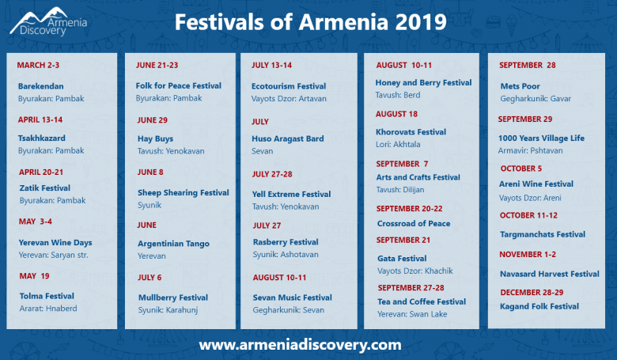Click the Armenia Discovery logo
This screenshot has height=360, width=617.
(x=48, y=21)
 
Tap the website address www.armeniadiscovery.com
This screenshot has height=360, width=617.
(x=300, y=345)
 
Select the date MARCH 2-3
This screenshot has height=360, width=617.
(x=38, y=66)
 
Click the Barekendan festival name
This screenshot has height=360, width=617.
(x=40, y=86)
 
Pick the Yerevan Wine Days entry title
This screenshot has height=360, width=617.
(x=55, y=243)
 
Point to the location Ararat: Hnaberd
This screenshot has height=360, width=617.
(x=48, y=309)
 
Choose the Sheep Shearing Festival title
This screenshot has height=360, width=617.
(x=183, y=193)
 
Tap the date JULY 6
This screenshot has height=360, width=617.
(x=150, y=278)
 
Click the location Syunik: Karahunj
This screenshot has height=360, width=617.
(x=168, y=310)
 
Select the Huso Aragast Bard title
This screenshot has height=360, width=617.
(x=288, y=139)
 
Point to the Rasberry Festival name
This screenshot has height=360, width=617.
(x=286, y=242)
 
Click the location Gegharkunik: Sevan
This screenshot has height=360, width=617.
(x=289, y=310)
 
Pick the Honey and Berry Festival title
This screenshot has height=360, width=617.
(x=423, y=83)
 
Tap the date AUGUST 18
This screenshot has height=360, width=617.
(x=396, y=114)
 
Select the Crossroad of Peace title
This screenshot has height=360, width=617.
(x=414, y=223)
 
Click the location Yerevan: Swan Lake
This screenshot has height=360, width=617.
(x=412, y=314)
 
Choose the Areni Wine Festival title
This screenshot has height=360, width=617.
(x=536, y=184)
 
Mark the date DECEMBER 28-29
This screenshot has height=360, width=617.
(x=532, y=292)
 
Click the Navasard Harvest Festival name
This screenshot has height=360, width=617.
(x=549, y=274)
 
